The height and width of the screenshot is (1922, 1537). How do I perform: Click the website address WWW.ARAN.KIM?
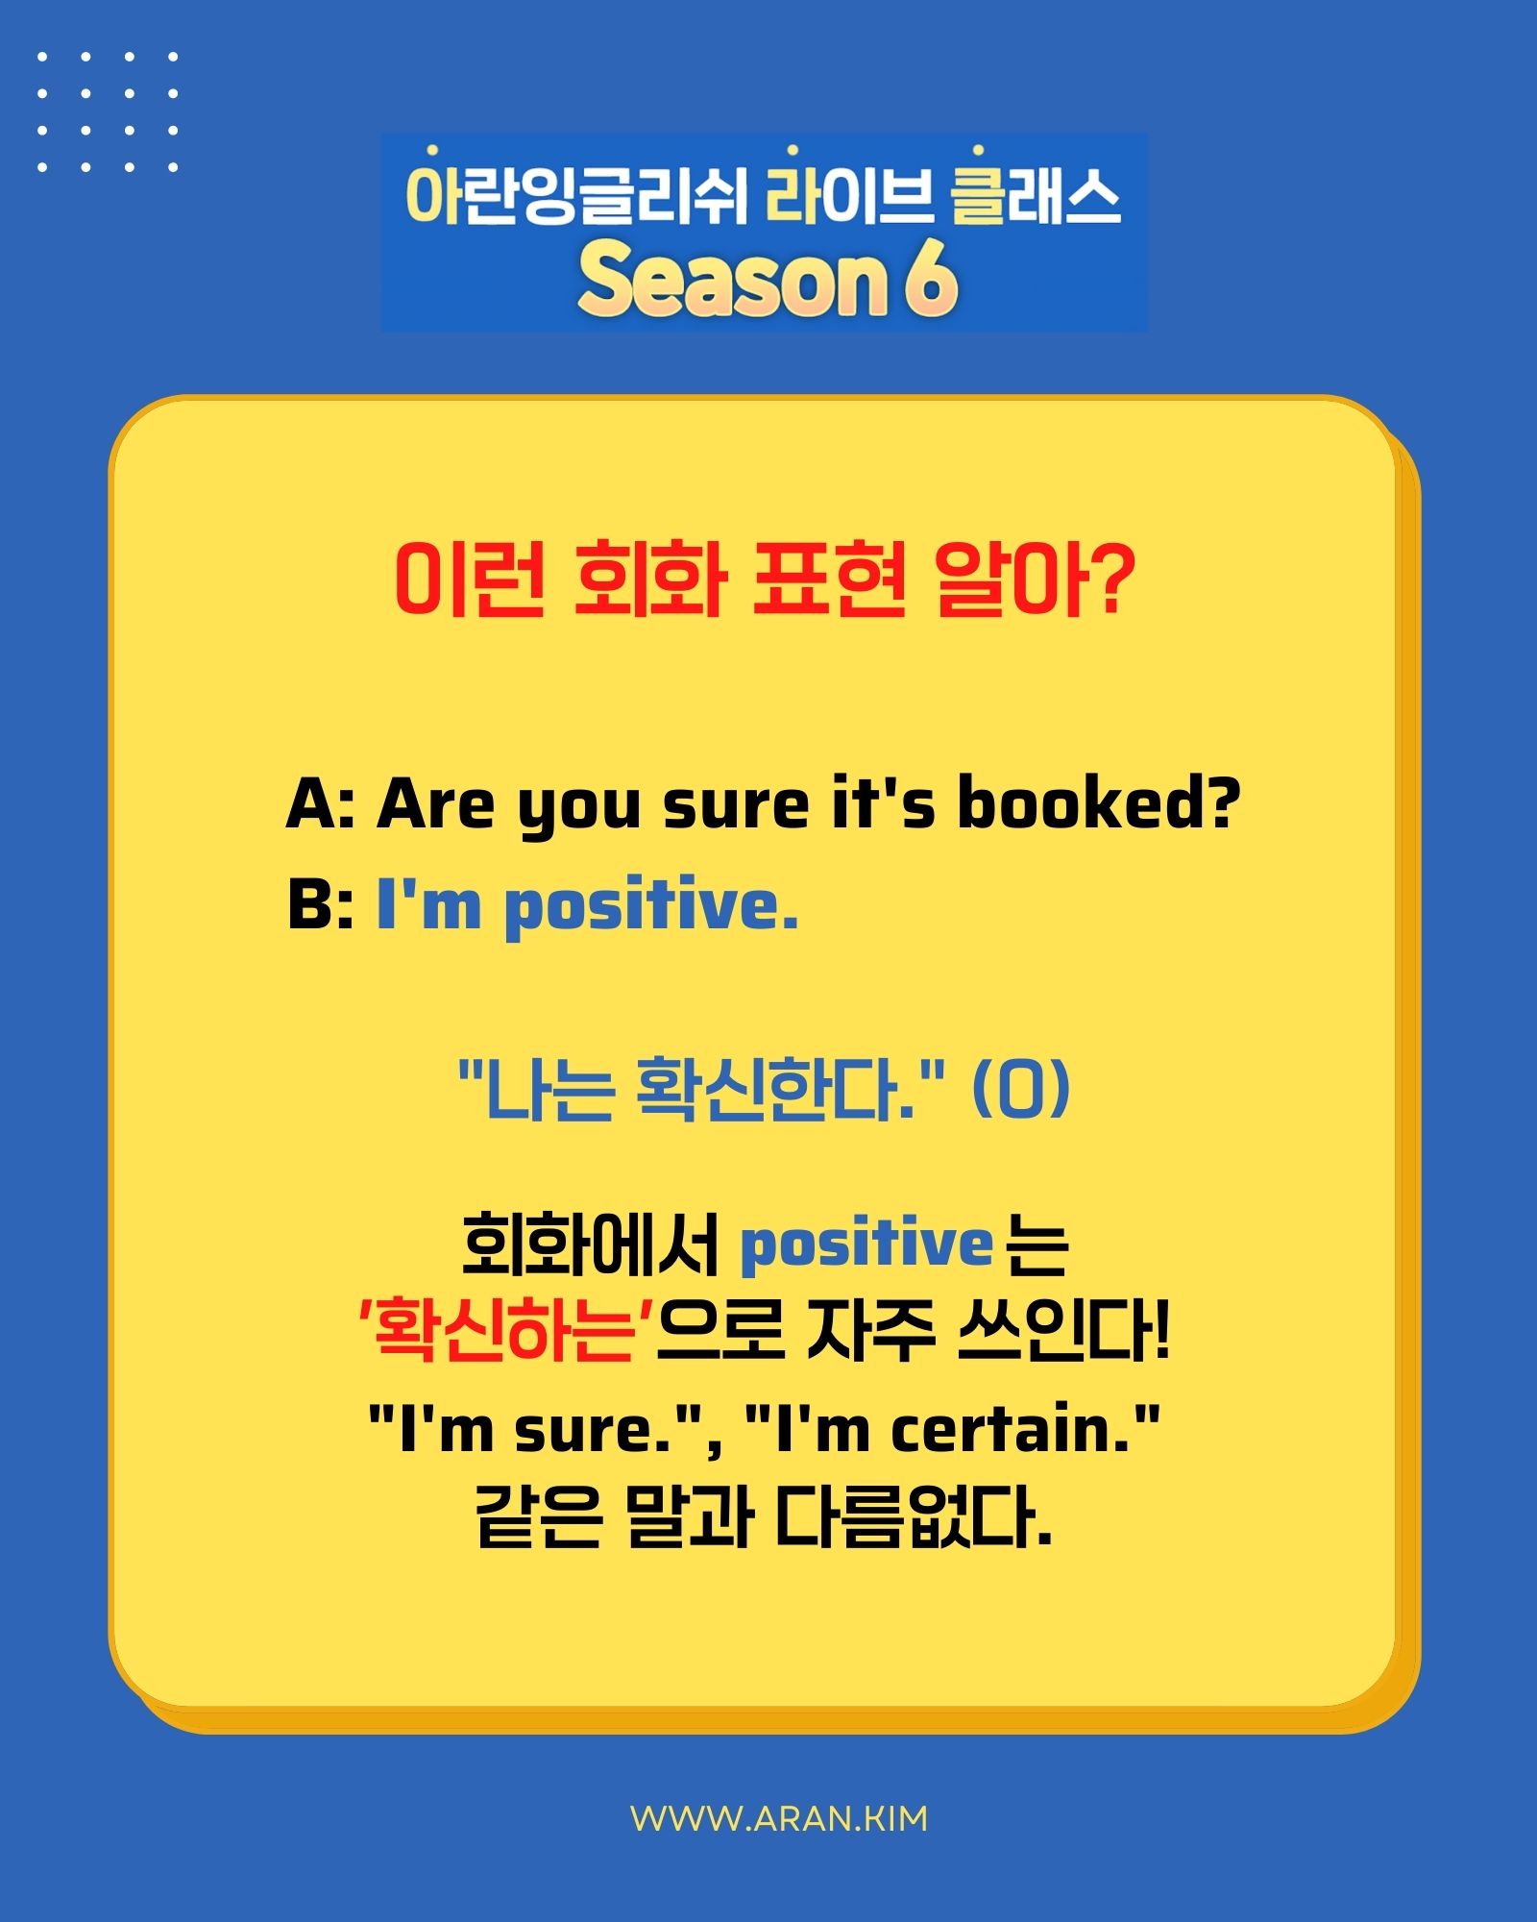point(779,1818)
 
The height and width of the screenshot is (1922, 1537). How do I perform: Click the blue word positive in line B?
point(650,907)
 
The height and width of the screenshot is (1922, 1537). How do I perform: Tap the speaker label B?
point(320,905)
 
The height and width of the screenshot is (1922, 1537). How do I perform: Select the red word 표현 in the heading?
point(829,579)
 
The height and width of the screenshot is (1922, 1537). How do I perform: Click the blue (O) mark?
point(1020,1090)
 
